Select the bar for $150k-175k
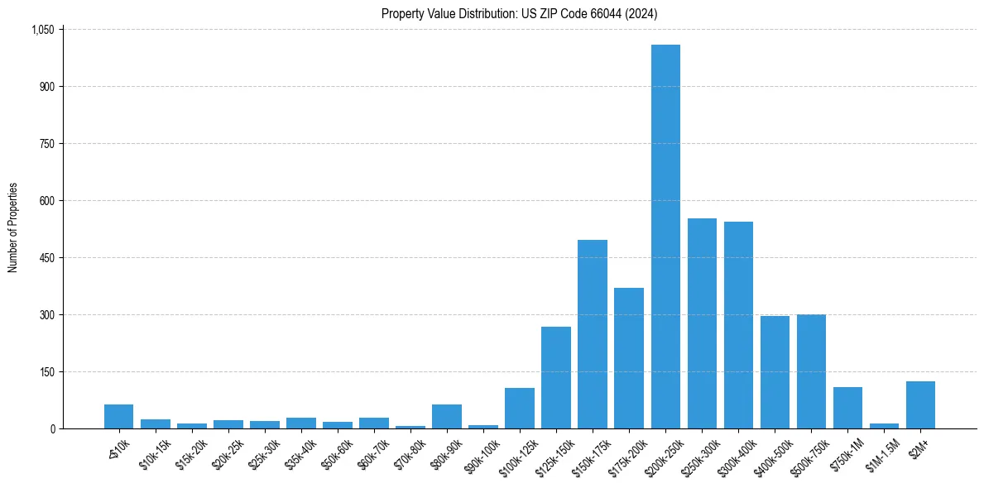[593, 334]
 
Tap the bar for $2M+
[920, 405]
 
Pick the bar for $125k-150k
[556, 378]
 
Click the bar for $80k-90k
[447, 417]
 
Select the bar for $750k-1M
[847, 408]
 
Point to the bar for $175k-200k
[629, 358]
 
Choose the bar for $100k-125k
[520, 409]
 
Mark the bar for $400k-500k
[775, 372]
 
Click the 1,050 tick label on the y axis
[42, 30]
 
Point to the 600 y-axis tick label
[47, 201]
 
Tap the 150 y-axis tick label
[47, 372]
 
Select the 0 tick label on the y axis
[51, 429]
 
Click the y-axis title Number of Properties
[13, 227]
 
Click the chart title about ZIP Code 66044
[520, 13]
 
